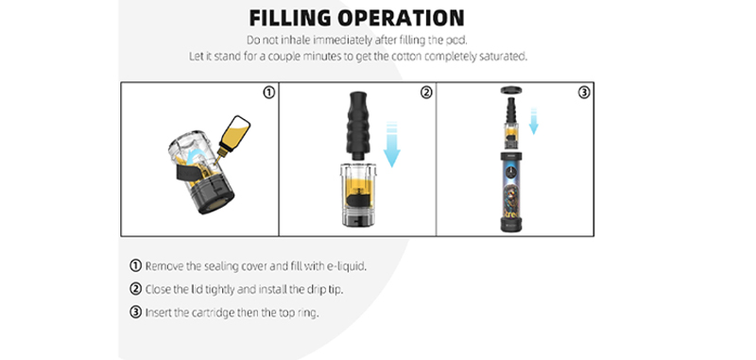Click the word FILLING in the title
tap(290, 18)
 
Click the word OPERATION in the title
tap(401, 18)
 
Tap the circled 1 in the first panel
tap(268, 92)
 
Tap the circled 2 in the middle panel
tap(426, 92)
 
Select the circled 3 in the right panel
tap(584, 92)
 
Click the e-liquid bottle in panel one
tap(233, 135)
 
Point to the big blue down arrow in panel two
tap(391, 145)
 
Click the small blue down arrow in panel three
tap(533, 122)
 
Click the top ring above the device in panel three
tap(512, 90)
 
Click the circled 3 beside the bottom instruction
tap(135, 313)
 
